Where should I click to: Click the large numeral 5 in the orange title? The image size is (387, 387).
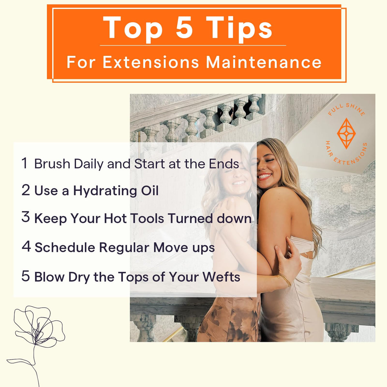[x=184, y=27]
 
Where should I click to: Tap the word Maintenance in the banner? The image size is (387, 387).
[x=264, y=62]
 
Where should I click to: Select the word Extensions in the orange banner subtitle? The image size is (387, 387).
[x=151, y=62]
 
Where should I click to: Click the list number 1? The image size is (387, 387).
[x=25, y=163]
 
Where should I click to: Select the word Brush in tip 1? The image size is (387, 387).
[x=52, y=164]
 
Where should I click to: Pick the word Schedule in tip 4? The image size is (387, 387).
[x=65, y=247]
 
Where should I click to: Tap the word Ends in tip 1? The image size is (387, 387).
[x=224, y=164]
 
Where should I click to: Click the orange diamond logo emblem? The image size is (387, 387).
[x=346, y=133]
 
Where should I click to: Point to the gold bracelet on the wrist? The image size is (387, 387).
[x=285, y=280]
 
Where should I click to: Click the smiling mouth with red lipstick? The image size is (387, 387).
[x=265, y=176]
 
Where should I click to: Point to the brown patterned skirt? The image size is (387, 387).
[x=229, y=319]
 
